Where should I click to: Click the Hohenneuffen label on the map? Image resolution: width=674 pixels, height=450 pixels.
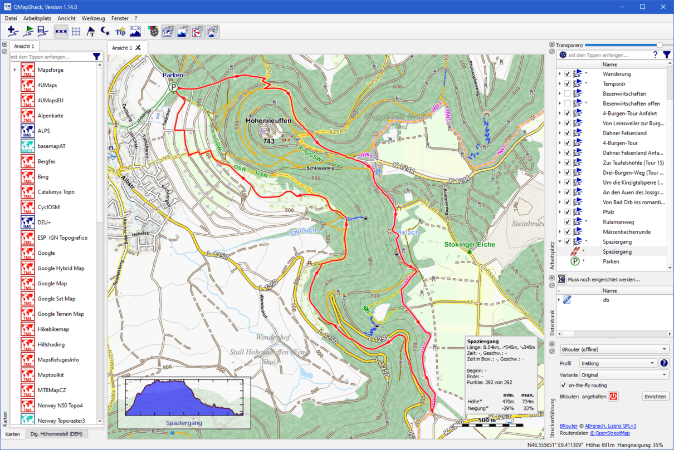click(x=268, y=120)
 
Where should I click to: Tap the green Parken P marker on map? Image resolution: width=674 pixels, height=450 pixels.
click(x=174, y=87)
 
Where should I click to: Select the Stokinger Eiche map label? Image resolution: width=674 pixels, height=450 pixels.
click(x=469, y=244)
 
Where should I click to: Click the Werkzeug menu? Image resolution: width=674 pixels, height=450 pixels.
click(x=93, y=18)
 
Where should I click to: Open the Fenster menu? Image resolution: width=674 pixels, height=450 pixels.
click(x=120, y=18)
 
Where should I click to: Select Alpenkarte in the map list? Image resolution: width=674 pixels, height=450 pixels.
click(x=50, y=116)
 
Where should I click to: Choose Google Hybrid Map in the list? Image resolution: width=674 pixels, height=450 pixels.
click(x=61, y=268)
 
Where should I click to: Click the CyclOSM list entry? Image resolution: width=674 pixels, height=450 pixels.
click(x=48, y=207)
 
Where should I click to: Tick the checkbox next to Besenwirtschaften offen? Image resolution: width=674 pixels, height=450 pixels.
click(x=567, y=103)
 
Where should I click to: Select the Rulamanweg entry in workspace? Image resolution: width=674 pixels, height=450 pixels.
click(x=618, y=222)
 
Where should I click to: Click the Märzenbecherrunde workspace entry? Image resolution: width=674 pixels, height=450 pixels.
click(x=626, y=232)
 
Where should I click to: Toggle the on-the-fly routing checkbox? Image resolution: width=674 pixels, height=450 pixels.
click(x=563, y=385)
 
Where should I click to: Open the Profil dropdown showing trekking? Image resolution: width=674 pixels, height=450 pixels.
click(x=617, y=363)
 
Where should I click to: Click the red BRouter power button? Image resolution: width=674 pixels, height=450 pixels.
click(x=613, y=397)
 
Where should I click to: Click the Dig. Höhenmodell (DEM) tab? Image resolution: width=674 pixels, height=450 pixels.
click(x=56, y=434)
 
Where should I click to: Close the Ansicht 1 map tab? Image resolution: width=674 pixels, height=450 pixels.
click(x=138, y=48)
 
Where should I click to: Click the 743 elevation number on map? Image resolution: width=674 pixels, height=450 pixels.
click(x=269, y=141)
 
